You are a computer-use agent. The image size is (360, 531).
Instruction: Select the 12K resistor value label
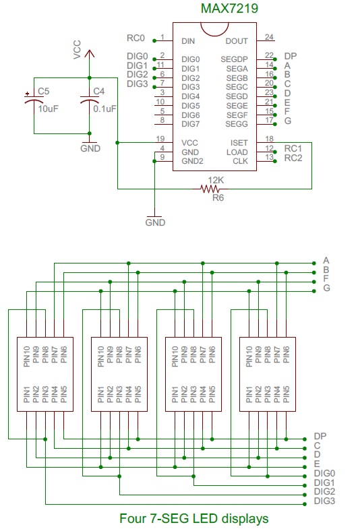(x=216, y=180)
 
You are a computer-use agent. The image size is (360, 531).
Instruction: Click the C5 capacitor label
(x=43, y=91)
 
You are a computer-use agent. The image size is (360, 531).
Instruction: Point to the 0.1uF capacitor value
(x=104, y=108)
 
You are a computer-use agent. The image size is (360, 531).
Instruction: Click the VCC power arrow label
(x=78, y=50)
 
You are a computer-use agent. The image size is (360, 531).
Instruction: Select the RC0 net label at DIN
(x=136, y=38)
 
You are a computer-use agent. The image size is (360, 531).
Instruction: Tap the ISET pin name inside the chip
(x=239, y=143)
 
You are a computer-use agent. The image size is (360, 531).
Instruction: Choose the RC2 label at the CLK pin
(x=293, y=158)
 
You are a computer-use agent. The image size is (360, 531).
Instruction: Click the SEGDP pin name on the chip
(x=235, y=59)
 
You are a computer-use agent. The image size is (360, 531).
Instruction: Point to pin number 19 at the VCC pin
(x=160, y=139)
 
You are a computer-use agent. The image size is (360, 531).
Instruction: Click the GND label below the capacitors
(x=90, y=147)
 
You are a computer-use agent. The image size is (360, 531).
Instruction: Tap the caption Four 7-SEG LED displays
(x=193, y=518)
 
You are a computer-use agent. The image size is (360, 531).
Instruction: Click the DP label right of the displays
(x=320, y=437)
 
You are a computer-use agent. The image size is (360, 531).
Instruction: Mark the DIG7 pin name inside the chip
(x=191, y=123)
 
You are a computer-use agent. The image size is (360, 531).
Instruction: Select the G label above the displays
(x=326, y=288)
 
